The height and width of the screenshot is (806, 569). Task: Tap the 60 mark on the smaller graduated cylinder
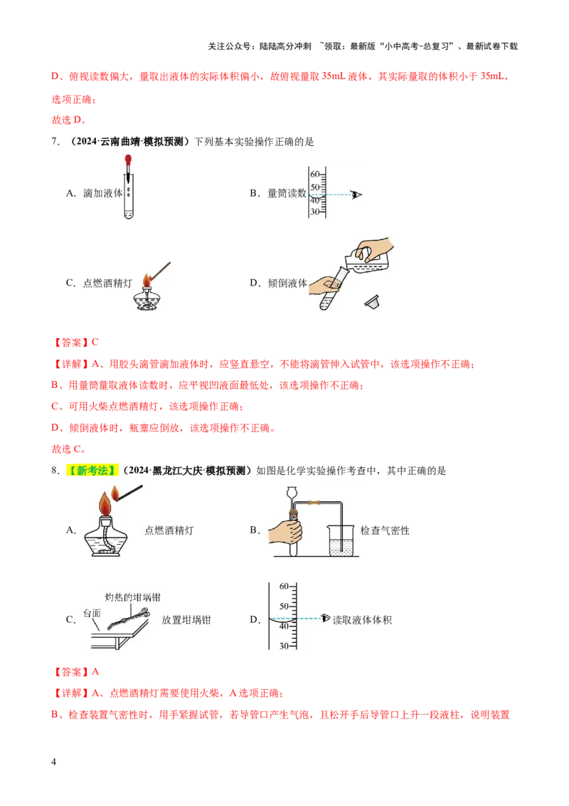314,174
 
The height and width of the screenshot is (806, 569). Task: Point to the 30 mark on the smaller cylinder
314,212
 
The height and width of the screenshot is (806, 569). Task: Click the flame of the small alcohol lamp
147,278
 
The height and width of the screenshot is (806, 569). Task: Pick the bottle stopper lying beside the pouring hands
371,303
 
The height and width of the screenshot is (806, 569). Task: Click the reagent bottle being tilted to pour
370,261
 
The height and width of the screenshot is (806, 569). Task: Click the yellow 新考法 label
91,470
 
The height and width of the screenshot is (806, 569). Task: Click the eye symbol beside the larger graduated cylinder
326,618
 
